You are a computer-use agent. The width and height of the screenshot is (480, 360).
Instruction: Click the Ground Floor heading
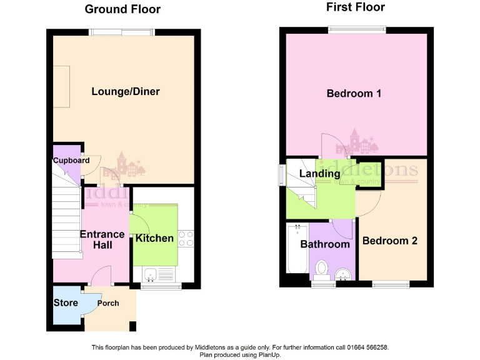point(122,9)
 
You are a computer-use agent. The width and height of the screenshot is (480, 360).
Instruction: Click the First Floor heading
point(356,7)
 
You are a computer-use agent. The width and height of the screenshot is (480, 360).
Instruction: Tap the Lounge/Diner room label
point(126,92)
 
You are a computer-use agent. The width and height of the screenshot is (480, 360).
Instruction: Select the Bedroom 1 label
point(354,94)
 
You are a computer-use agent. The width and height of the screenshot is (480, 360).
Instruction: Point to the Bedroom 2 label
point(389,241)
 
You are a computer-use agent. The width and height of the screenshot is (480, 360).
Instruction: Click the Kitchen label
point(154,238)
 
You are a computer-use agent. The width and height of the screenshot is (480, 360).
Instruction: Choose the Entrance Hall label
point(102,239)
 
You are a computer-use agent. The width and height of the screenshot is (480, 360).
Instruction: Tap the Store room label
point(66,303)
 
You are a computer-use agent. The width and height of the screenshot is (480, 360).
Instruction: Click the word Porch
point(108,304)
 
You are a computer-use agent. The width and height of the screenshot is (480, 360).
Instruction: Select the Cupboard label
point(71,161)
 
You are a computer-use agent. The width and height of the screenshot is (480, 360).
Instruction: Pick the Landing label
point(319,173)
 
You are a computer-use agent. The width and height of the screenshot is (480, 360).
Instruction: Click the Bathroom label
point(324,244)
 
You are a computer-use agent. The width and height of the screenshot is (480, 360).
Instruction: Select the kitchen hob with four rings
point(186,238)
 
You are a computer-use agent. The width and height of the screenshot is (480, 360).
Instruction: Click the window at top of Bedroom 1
point(357,28)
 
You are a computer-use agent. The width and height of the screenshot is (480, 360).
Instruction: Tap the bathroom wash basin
point(342,274)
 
